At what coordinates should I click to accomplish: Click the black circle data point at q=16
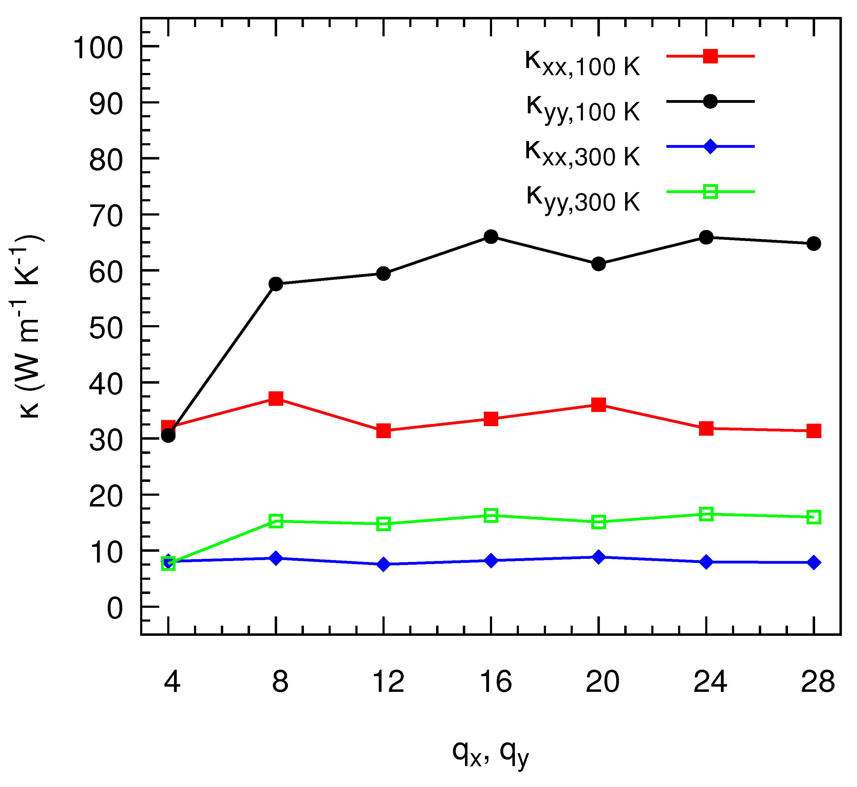(x=491, y=237)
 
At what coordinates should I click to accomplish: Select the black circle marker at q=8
(x=276, y=284)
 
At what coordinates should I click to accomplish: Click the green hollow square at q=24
(x=706, y=514)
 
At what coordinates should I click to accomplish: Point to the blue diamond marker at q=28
(x=814, y=563)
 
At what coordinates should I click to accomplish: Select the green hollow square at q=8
(x=276, y=521)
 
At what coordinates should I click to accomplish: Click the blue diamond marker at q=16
(x=491, y=560)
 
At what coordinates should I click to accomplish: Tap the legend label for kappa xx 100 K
(x=582, y=63)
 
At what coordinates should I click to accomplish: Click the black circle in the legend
(x=710, y=101)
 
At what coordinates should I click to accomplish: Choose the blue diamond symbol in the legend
(x=710, y=147)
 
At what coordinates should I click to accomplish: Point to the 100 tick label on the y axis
(x=98, y=48)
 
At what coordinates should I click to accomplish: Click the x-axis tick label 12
(x=388, y=681)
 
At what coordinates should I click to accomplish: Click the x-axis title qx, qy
(x=491, y=753)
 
